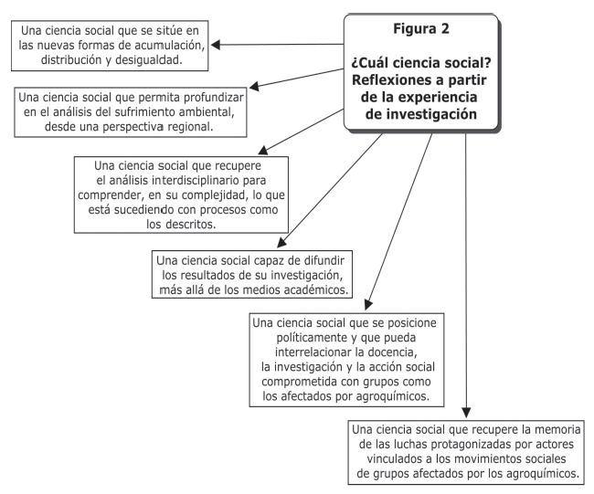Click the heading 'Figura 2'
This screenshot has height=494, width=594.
click(421, 29)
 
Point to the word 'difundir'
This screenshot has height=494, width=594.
click(324, 260)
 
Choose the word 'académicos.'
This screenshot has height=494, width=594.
click(316, 290)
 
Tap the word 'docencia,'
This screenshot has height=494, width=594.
click(392, 352)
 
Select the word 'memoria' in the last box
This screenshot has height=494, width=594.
click(557, 430)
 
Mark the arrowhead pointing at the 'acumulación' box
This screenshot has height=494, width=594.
click(216, 45)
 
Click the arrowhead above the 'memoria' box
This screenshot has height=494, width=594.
click(466, 413)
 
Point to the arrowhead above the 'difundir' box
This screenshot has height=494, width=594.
click(282, 242)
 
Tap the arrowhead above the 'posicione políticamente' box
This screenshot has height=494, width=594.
click(368, 305)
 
